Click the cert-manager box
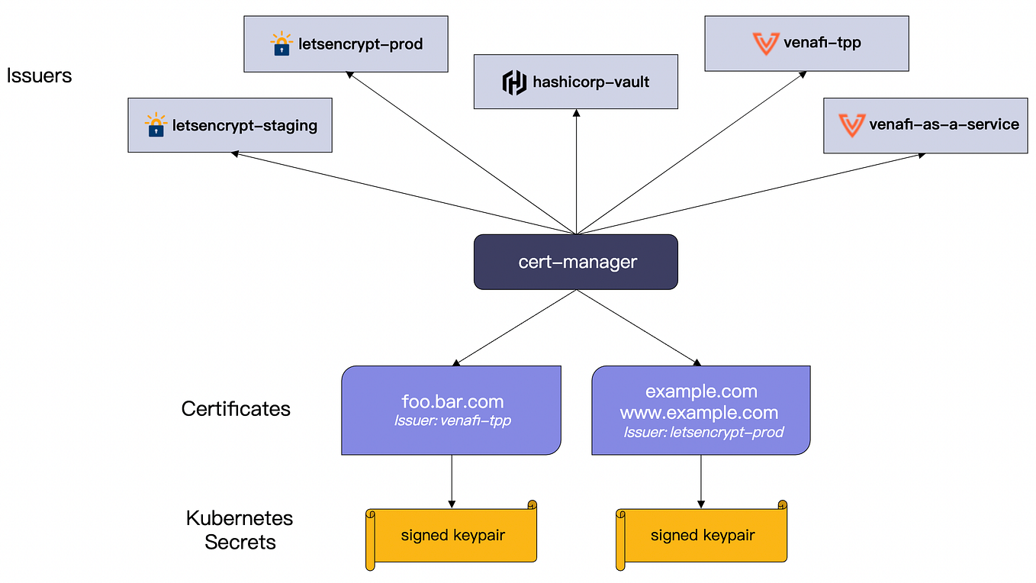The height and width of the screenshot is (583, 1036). coord(576,262)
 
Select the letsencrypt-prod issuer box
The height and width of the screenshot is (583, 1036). coord(346,44)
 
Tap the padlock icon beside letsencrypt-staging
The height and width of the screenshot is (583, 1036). coord(156,125)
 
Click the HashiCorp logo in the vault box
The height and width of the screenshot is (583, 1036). coord(514,82)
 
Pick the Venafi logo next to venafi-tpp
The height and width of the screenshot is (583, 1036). coord(765,43)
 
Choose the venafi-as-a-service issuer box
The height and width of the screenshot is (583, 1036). coord(927,124)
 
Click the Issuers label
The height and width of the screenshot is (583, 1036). coord(39,75)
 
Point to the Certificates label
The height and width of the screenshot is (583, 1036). coord(236,409)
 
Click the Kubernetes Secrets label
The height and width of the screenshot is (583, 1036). coord(240,530)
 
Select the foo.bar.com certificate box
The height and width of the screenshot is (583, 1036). coord(452,410)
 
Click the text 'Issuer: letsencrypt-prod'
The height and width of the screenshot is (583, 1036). coord(703,433)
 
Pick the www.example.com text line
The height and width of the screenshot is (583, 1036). coord(699,413)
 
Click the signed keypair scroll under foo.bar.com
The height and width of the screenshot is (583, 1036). coord(452,535)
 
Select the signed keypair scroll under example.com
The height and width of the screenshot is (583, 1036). coord(701,535)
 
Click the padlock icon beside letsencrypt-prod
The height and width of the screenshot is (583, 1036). coord(282,44)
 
